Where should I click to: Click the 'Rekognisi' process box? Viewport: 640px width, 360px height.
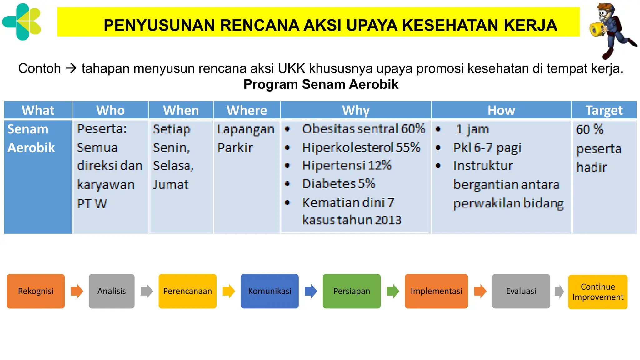click(x=36, y=291)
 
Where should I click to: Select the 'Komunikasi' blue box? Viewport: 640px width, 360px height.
click(x=269, y=291)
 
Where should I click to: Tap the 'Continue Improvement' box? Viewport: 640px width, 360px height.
click(x=597, y=292)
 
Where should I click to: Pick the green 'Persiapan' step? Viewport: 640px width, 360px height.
click(x=352, y=291)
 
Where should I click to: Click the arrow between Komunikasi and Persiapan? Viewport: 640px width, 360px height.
click(x=311, y=291)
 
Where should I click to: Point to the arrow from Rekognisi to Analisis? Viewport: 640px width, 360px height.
click(x=77, y=291)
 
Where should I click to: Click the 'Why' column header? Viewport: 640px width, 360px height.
click(x=356, y=110)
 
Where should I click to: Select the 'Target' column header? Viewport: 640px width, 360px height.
click(x=604, y=110)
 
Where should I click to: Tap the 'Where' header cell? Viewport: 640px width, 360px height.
click(x=247, y=110)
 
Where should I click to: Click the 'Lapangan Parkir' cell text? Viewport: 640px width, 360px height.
click(x=246, y=138)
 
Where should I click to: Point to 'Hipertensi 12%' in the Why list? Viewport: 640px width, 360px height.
click(x=347, y=165)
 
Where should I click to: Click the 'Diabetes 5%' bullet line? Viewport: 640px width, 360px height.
click(x=338, y=184)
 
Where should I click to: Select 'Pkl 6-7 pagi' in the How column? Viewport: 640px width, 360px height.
click(x=487, y=148)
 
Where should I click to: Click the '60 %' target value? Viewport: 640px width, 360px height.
click(x=590, y=129)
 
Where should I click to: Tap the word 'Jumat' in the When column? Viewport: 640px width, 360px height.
click(x=171, y=184)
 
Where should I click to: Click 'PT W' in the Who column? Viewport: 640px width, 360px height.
click(x=92, y=204)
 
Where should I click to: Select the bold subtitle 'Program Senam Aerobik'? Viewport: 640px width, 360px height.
click(x=321, y=84)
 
